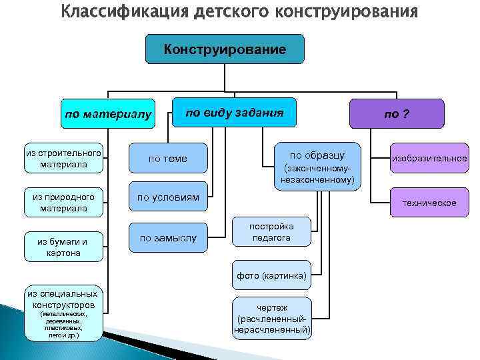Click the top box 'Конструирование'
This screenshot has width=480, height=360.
pos(225,50)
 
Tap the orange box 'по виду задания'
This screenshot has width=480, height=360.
pos(234,112)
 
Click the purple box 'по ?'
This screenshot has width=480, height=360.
pos(396,113)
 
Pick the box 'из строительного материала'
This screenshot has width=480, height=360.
pos(63,159)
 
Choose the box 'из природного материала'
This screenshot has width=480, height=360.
pos(63,203)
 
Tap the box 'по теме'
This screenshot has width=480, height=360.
pos(167,159)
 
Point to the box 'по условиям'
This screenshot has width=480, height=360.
pos(167,197)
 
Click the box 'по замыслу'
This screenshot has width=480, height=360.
pos(167,237)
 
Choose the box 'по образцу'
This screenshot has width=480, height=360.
pos(318,163)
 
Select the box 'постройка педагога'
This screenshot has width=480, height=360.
pos(271,231)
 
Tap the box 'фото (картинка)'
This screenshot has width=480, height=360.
pos(271,275)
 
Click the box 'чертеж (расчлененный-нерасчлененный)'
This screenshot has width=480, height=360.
pos(271,318)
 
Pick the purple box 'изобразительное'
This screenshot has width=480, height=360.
pos(429,159)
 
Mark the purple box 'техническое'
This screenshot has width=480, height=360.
pos(429,203)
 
